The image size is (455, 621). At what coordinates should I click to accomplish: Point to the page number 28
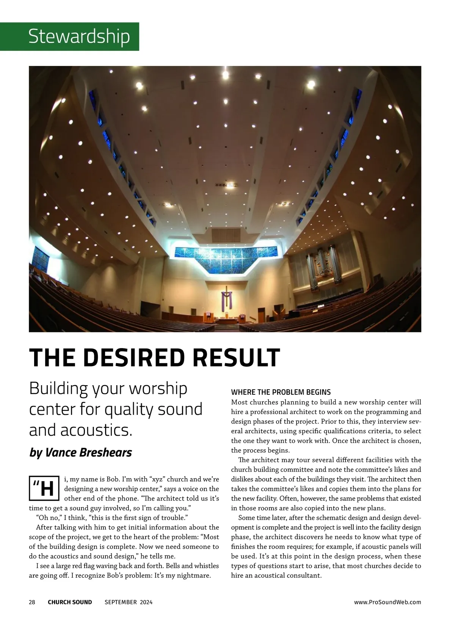pyautogui.click(x=32, y=602)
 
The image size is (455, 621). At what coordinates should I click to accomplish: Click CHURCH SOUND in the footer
pyautogui.click(x=70, y=602)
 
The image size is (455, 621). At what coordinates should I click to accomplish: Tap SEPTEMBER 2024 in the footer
pyautogui.click(x=129, y=602)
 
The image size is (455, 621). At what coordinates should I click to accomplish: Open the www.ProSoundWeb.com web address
pyautogui.click(x=388, y=602)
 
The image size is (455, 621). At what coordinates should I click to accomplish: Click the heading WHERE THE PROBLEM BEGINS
pyautogui.click(x=281, y=392)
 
